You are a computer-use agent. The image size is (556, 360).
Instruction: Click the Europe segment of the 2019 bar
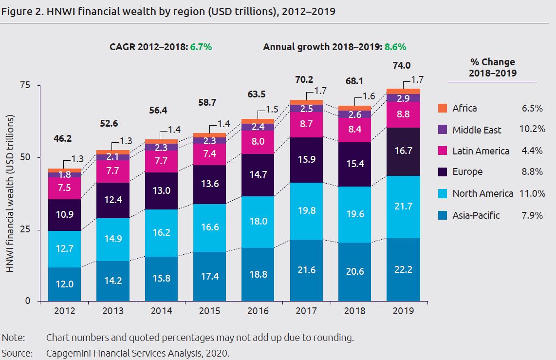(x=403, y=152)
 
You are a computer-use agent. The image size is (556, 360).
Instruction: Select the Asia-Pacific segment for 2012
(x=64, y=284)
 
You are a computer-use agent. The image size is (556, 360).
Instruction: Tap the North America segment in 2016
(x=258, y=222)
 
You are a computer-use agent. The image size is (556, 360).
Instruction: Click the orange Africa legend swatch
(x=442, y=108)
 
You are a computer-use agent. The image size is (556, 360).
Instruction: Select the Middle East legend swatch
(x=442, y=130)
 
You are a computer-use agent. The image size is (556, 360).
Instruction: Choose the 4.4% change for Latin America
(x=533, y=151)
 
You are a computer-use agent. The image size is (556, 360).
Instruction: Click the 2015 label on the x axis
(x=209, y=311)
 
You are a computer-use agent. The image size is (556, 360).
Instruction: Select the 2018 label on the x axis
(x=354, y=311)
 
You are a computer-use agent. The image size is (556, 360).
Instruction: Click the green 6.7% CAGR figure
(x=202, y=47)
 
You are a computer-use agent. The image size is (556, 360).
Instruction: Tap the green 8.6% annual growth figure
(x=395, y=47)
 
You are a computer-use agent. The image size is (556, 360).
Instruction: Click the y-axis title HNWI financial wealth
(x=10, y=193)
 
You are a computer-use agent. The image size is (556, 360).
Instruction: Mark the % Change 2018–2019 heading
(x=492, y=68)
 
